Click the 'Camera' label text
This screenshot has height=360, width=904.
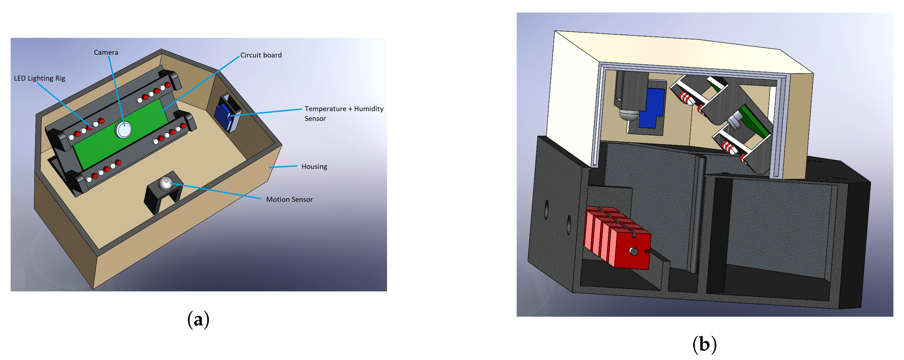click(x=106, y=53)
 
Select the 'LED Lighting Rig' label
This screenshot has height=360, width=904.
click(x=40, y=78)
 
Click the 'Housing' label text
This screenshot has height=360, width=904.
click(x=314, y=167)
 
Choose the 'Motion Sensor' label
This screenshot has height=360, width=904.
click(x=289, y=200)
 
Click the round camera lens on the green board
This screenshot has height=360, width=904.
click(x=123, y=129)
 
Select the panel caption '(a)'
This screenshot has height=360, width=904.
click(x=198, y=320)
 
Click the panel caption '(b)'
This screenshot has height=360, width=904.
click(x=704, y=344)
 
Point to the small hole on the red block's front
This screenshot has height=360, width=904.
click(x=634, y=251)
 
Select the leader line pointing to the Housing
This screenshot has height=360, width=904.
click(x=283, y=167)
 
